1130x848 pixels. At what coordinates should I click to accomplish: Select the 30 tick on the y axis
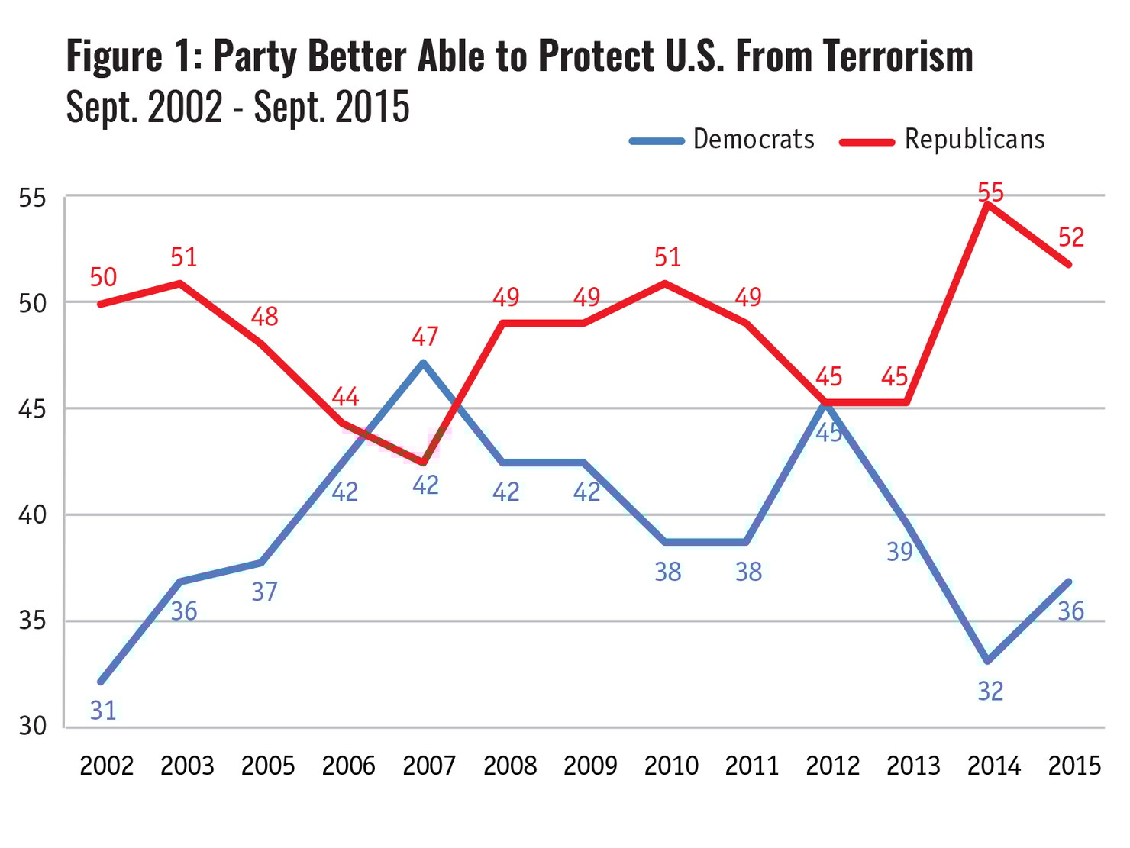coord(32,726)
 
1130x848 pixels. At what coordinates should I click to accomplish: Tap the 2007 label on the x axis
coord(429,766)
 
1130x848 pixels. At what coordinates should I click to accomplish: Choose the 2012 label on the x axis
coord(832,766)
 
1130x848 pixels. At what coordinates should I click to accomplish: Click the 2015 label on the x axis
coord(1074,766)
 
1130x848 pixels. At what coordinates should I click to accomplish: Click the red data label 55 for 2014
coord(990,192)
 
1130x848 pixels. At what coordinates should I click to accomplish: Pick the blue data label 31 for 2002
coord(103,711)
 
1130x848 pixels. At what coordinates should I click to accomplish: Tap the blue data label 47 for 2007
coord(425,336)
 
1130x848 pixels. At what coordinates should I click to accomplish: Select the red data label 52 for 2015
coord(1071,237)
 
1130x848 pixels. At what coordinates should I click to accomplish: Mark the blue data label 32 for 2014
coord(990,692)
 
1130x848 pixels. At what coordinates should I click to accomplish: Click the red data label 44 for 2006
coord(345,397)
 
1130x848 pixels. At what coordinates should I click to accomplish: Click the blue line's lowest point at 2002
coord(101,681)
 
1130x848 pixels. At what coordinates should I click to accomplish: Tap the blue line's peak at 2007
coord(423,363)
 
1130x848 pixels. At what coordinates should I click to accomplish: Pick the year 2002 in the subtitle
coord(185,107)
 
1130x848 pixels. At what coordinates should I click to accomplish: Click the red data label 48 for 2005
coord(264,317)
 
